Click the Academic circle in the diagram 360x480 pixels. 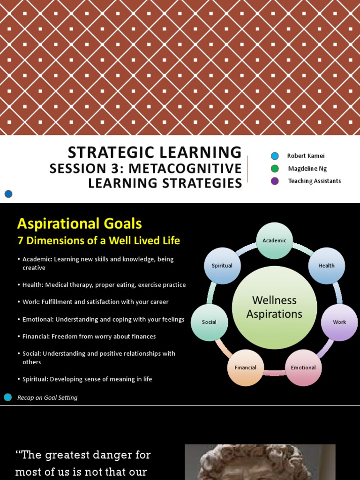[274, 240]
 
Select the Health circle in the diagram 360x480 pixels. [326, 265]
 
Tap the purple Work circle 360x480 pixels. [339, 322]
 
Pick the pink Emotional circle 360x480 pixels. [303, 367]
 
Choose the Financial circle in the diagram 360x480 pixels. [246, 367]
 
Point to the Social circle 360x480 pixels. [209, 322]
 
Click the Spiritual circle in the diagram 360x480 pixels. [222, 265]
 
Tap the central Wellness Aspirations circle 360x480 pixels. [274, 307]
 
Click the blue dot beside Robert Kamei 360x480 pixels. [275, 156]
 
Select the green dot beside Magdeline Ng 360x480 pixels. [275, 169]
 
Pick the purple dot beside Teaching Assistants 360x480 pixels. [275, 181]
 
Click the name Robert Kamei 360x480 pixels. [306, 156]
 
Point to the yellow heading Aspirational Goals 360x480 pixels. [79, 224]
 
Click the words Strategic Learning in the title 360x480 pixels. [155, 152]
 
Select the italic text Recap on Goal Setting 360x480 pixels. [47, 397]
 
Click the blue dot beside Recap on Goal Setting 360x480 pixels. [7, 397]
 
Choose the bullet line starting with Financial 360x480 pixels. [89, 337]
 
